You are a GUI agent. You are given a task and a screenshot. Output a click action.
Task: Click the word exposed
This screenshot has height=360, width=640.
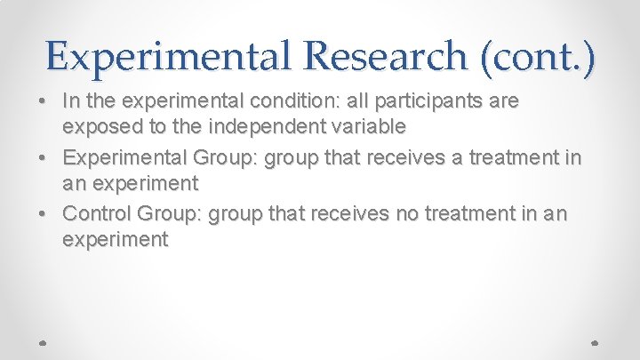(x=99, y=127)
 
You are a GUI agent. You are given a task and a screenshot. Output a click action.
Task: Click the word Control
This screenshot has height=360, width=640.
(x=99, y=213)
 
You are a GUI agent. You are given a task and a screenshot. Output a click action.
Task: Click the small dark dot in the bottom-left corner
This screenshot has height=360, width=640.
(x=44, y=341)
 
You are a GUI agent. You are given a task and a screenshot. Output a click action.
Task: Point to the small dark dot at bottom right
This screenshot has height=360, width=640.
(x=595, y=341)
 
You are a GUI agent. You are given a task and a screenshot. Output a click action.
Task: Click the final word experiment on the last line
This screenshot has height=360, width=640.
(x=116, y=240)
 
